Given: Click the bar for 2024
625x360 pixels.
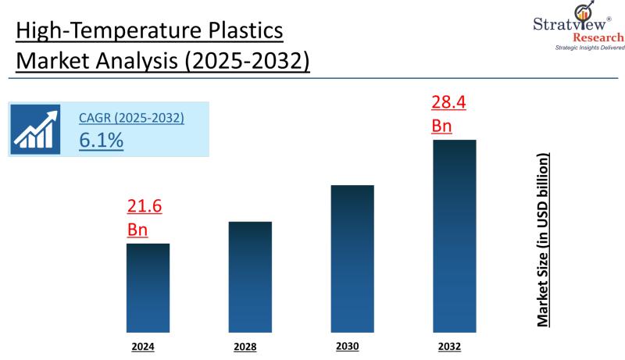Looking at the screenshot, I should tap(148, 287).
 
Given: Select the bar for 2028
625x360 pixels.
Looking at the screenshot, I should tap(250, 276).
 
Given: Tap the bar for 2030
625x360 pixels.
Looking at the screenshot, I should tap(352, 258).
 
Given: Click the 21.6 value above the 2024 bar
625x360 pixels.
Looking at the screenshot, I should tap(144, 207).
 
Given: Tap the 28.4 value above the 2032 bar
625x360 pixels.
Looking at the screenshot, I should tap(448, 102).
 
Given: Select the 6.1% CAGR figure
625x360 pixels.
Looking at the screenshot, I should tap(101, 140).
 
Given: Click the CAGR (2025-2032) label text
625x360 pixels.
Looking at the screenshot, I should tap(131, 118).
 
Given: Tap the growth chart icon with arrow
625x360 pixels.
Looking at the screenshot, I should tap(37, 130).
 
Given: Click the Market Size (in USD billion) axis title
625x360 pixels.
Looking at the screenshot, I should tap(543, 240).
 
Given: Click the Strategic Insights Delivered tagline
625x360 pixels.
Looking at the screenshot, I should tap(590, 48).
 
